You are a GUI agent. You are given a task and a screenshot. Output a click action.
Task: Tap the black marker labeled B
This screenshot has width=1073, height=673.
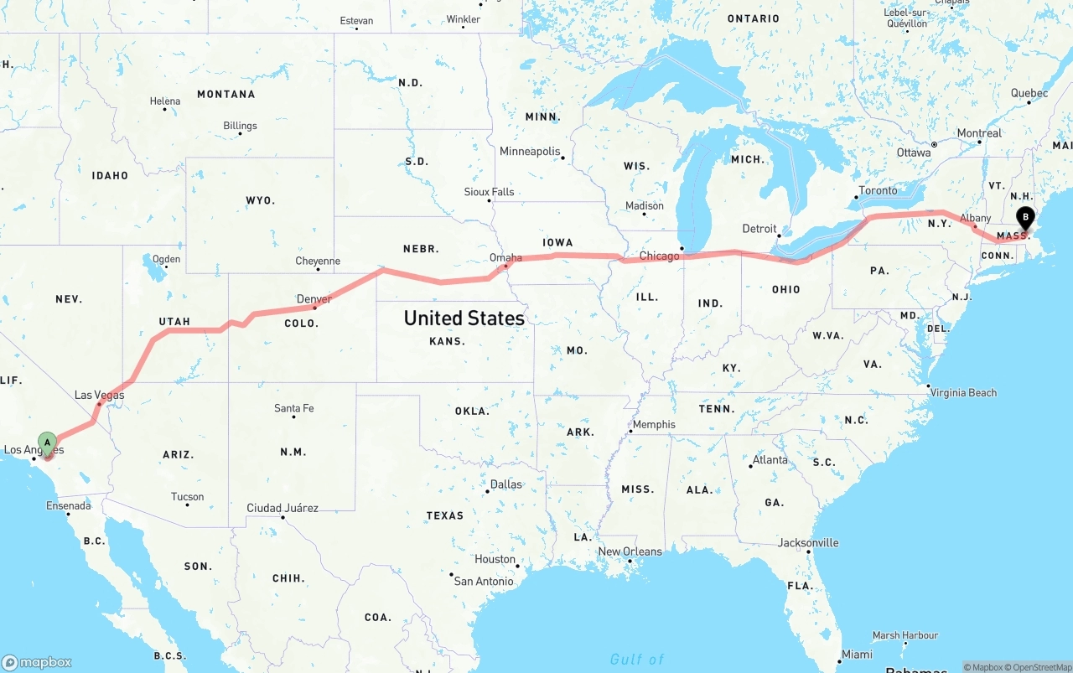pos(1024,218)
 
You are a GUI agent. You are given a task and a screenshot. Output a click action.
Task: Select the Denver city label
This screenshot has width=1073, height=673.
pos(314,298)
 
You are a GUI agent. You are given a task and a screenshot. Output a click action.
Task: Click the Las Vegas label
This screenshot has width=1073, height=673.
pos(99,395)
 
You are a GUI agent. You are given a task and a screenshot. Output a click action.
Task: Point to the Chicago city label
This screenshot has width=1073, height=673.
pos(659,256)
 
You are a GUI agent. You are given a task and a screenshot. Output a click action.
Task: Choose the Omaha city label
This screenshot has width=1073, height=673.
pos(506,257)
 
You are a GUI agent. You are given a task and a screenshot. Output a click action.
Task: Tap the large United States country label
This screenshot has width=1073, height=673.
pos(464,318)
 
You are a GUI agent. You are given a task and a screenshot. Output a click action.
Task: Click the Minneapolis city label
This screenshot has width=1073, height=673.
pos(530,152)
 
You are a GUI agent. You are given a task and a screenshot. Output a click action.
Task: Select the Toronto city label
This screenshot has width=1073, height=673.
pos(878,190)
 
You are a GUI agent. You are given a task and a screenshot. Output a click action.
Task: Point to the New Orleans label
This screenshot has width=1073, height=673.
pos(630,551)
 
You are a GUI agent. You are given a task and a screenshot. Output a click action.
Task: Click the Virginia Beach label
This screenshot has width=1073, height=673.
pos(964,392)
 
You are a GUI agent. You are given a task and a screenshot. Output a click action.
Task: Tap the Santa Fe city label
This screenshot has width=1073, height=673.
pos(293,408)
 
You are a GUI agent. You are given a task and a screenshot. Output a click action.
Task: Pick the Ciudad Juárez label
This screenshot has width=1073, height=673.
pos(283,508)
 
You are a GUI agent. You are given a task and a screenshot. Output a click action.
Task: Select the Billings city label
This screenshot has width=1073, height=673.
pos(240,126)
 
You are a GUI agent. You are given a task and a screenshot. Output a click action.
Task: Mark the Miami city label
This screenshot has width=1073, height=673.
pos(857,654)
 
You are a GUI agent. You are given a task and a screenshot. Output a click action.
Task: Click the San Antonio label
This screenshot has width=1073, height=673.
pos(484,581)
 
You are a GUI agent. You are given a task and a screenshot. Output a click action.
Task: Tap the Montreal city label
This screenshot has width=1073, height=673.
pos(979,133)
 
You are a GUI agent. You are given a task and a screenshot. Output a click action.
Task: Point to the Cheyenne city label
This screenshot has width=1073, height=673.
pos(318,261)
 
